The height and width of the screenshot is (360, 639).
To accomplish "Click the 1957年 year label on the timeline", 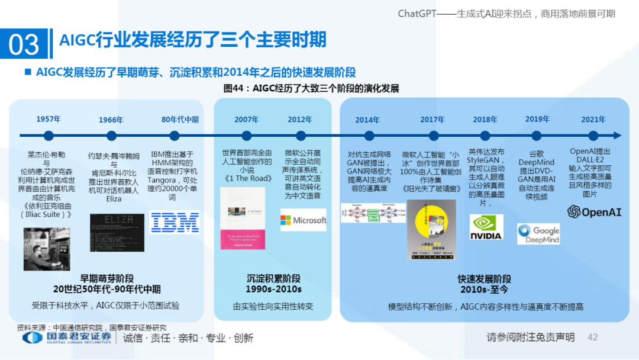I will pos(49,119).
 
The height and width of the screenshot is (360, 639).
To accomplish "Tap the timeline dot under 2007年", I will pos(247,136).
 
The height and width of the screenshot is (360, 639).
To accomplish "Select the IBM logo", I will pos(175,222).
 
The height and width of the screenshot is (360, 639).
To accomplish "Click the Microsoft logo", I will pos(304,220).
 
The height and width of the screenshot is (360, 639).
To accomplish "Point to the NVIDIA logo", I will pos(486,227).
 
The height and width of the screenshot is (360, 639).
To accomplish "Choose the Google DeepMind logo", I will pos(538,234).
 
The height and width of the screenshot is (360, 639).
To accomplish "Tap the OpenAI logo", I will pos(594,212).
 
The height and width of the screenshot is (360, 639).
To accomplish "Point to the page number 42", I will pos(592,337).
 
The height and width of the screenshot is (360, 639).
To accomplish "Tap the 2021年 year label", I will pos(593,119).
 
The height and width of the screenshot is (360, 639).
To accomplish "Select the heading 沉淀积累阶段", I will pos(273,278).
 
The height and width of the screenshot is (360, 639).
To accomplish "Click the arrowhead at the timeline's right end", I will pos(617,136).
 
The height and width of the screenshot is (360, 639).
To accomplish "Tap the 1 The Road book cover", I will pos(242,218).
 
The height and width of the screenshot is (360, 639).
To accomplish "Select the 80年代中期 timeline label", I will pos(180,119).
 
